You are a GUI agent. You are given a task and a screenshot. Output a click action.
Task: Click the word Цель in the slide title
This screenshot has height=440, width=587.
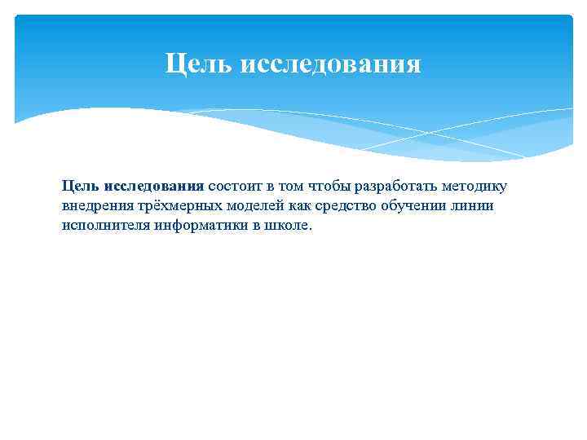[198, 64]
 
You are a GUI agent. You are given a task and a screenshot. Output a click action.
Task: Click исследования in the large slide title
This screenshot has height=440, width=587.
[331, 64]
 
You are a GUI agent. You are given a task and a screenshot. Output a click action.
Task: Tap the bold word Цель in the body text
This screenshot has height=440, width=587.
[81, 187]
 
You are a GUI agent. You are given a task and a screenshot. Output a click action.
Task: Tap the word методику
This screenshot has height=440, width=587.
[474, 187]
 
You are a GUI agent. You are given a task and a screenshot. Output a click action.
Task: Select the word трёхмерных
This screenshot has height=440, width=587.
[173, 205]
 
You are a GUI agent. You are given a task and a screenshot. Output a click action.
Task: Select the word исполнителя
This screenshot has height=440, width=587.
[103, 225]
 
